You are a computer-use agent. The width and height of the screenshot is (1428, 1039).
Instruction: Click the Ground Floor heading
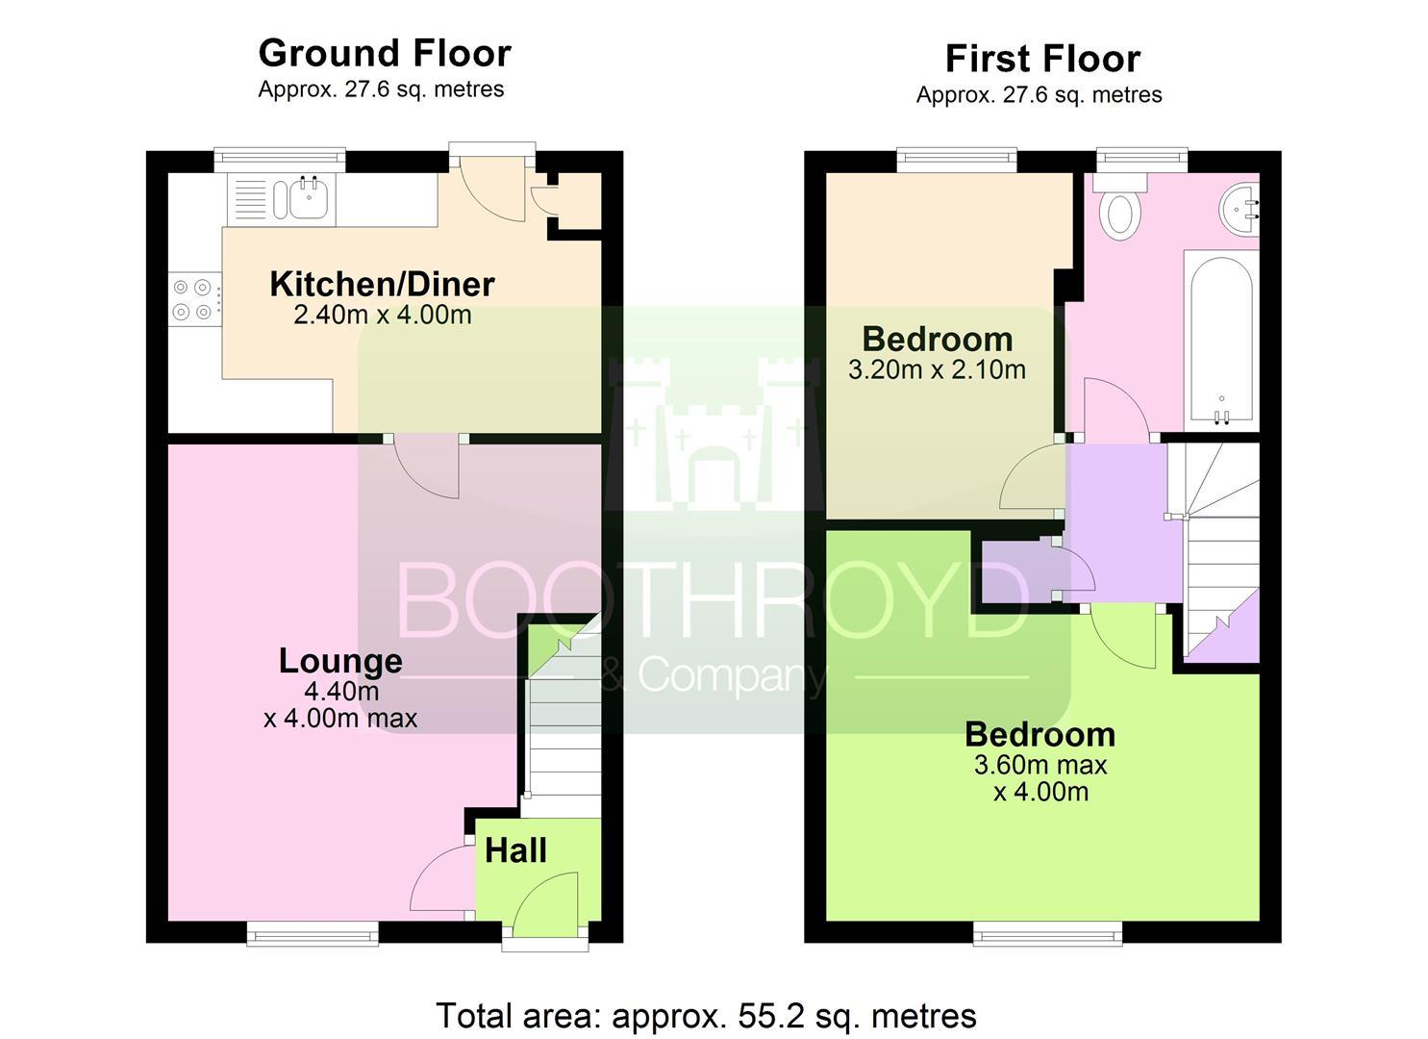coord(385,53)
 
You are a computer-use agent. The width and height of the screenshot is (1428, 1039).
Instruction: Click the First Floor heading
coord(1043,59)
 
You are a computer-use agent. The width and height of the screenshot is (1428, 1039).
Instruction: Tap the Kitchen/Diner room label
coord(383,285)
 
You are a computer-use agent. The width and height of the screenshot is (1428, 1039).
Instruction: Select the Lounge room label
coord(340,662)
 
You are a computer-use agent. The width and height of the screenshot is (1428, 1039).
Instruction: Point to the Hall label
coord(515,850)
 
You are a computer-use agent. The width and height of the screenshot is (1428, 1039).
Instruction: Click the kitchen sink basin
coord(310,197)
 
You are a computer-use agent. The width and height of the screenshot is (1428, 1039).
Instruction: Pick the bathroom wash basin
coord(1240,209)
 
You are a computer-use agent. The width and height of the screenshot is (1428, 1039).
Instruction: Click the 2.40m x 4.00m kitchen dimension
coord(383,316)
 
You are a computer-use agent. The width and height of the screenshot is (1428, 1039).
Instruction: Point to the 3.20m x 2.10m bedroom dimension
coord(937,370)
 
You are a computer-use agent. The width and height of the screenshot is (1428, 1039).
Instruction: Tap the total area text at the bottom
coord(707,1016)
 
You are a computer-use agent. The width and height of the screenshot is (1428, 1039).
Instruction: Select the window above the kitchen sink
coord(279,160)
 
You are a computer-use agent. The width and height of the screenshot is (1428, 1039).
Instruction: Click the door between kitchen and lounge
coord(426,467)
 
